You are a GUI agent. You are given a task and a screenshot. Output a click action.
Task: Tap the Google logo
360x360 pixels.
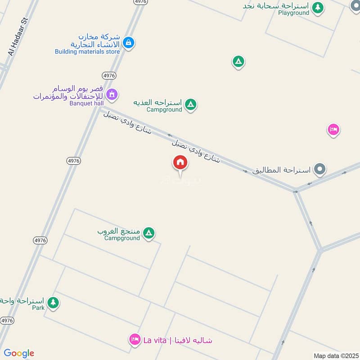19,353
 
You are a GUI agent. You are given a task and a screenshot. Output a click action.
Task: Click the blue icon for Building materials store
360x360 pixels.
129,43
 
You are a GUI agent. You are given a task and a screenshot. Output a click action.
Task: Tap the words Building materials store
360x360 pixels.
87,52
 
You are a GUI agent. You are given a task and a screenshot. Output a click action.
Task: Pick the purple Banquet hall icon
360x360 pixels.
112,94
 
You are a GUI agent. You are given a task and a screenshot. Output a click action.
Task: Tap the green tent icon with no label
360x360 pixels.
238,61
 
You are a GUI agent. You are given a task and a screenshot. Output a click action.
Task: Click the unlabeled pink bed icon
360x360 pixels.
333,130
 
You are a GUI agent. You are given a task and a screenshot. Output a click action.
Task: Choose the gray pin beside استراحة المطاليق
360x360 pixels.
320,170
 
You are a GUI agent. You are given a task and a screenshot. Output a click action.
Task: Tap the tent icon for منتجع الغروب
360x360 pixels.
149,233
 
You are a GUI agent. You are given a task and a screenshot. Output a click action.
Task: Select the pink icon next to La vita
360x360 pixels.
135,340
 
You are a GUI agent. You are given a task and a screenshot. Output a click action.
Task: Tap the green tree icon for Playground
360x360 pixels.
318,7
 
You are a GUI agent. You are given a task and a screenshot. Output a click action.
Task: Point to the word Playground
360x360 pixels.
293,13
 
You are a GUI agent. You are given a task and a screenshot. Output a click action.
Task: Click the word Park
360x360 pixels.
38,308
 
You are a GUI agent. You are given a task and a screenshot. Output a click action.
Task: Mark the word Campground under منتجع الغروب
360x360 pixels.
122,238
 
